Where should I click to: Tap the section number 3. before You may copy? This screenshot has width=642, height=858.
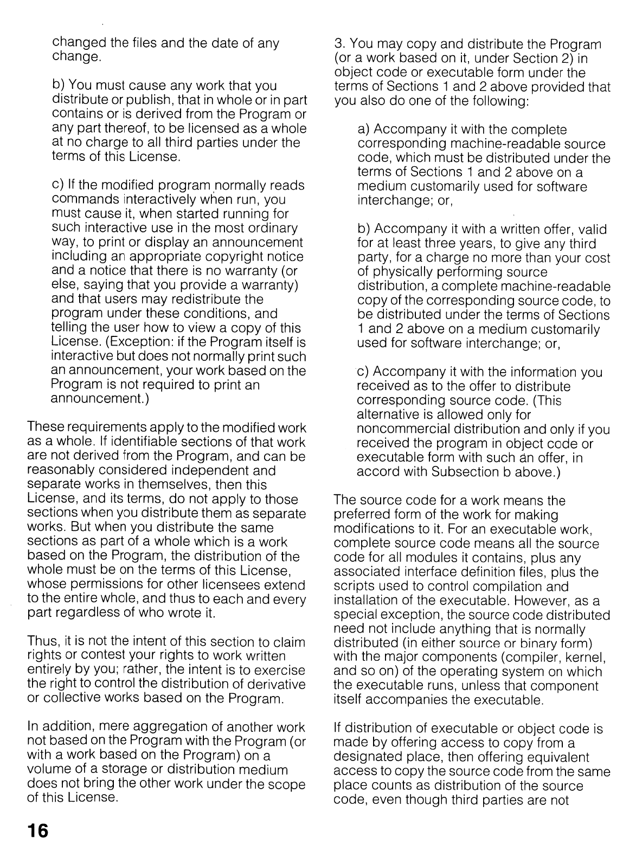(339, 44)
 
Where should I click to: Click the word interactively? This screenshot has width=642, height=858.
(163, 200)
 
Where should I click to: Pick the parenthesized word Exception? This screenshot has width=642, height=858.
(131, 342)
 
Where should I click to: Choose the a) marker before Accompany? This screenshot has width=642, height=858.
(364, 130)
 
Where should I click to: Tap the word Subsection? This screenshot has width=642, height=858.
(464, 472)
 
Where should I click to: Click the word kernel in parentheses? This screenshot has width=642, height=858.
(585, 658)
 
